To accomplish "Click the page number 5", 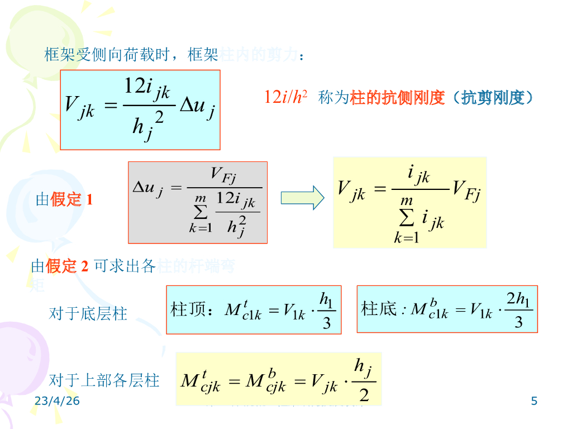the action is pos(534,401).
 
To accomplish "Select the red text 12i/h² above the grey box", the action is pos(285,98).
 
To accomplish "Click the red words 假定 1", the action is pos(71,199).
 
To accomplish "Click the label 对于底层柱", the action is pos(88,313).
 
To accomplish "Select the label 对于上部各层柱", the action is pos(104,380).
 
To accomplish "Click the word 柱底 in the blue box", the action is pos(379,308).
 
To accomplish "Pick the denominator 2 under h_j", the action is pos(364,395).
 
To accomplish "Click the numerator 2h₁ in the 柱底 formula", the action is pos(519,300).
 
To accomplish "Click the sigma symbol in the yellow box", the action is pos(407,218).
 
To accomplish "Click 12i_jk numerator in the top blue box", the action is pos(147,87).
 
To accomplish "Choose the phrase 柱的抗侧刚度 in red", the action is pos(397,98).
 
